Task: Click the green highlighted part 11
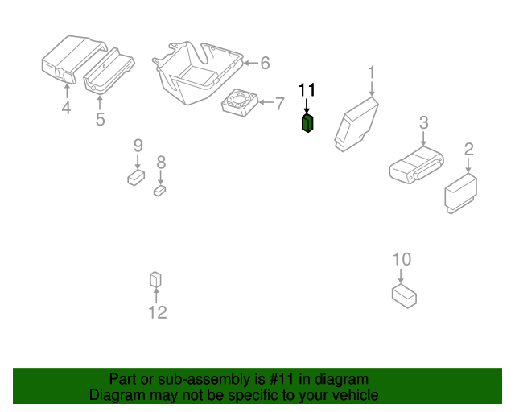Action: tap(307, 123)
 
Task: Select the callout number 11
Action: tap(307, 89)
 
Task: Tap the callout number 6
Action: tap(265, 63)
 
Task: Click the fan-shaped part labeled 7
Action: tap(240, 102)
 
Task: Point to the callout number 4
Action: tap(66, 108)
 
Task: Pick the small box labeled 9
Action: tap(136, 177)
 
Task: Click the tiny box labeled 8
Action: tap(159, 191)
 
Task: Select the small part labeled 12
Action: tap(155, 279)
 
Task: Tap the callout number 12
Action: tap(158, 312)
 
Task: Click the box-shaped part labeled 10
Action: tap(404, 297)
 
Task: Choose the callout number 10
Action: tap(402, 259)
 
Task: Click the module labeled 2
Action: tap(461, 193)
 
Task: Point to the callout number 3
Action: tap(424, 122)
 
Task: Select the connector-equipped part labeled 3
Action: tap(417, 165)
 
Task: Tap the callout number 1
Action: tap(372, 72)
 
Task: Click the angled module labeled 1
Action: tap(356, 124)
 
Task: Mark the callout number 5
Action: tap(100, 119)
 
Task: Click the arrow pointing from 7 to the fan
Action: tap(266, 102)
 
